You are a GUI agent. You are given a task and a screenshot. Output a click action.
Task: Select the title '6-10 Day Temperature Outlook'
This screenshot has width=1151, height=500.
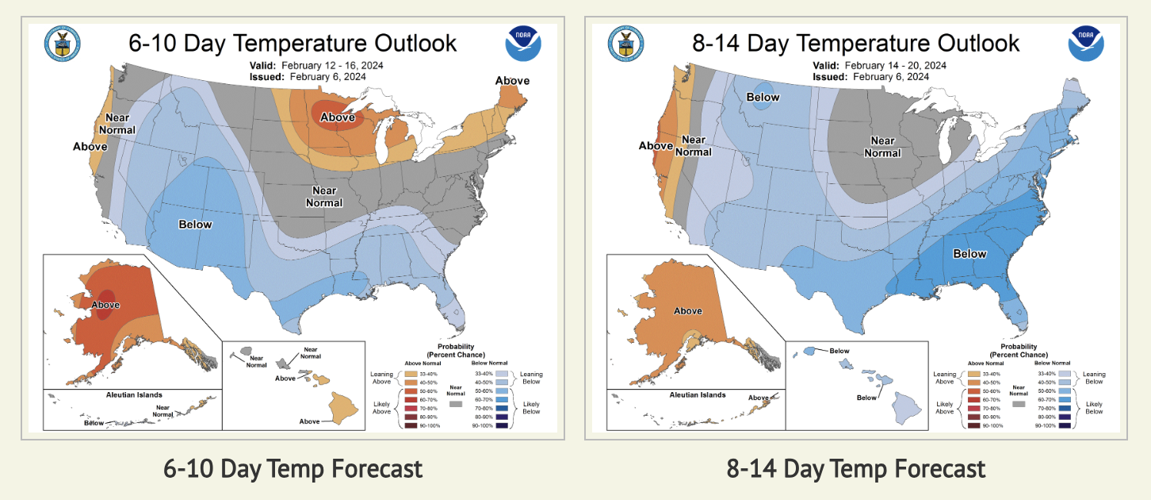click(x=293, y=42)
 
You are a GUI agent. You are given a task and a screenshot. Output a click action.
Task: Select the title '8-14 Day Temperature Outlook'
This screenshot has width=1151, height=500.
click(x=856, y=42)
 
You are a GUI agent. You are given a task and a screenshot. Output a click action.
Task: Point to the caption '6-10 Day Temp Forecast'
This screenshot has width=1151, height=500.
click(x=293, y=468)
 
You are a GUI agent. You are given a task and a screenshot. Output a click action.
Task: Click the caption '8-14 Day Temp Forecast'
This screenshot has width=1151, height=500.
click(x=856, y=468)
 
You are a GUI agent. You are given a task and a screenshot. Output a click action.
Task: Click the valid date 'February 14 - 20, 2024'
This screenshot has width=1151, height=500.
click(x=895, y=65)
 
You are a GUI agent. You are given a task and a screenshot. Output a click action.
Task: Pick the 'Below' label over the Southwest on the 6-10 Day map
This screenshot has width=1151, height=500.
click(x=195, y=225)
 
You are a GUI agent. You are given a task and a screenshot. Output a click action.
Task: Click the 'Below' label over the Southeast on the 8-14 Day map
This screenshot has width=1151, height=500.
click(x=969, y=254)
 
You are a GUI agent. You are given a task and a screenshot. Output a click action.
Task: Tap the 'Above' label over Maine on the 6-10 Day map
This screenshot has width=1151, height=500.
click(x=512, y=81)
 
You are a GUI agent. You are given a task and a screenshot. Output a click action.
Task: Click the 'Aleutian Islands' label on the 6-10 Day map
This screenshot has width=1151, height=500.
click(x=134, y=394)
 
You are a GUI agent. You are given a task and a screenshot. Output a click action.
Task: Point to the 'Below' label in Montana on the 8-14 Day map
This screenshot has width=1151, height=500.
click(x=763, y=98)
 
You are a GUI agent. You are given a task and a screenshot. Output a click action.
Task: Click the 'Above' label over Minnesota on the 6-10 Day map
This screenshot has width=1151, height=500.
click(x=337, y=118)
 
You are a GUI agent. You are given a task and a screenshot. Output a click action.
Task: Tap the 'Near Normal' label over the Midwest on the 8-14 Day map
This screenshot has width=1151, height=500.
click(x=882, y=147)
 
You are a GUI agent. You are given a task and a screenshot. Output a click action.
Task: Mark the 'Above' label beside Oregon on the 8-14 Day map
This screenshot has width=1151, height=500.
click(x=656, y=146)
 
